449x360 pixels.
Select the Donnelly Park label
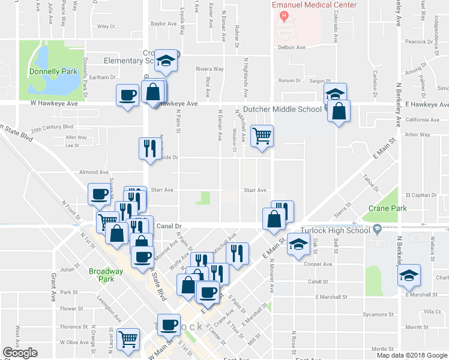click(53, 71)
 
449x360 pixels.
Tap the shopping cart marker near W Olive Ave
click(128, 339)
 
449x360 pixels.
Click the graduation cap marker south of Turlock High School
click(297, 244)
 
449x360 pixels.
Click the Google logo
click(20, 353)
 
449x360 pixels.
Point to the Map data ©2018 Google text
click(412, 355)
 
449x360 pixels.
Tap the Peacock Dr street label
click(418, 42)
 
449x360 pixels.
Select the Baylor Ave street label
click(164, 25)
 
